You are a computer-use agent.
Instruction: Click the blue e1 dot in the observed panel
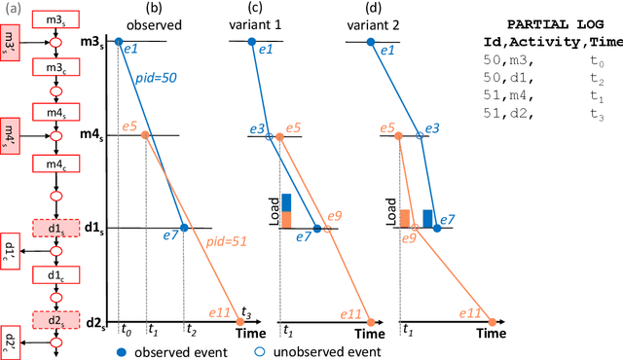click(x=119, y=42)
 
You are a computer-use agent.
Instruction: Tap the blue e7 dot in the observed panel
click(x=183, y=228)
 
